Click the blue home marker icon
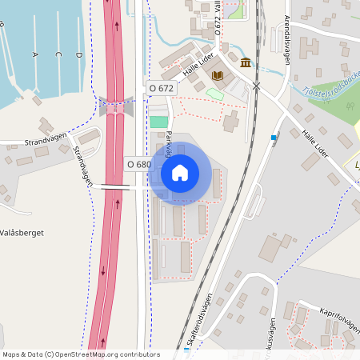point(180,172)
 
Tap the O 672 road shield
point(162,87)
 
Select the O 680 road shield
point(138,164)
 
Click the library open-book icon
point(218,75)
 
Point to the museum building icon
point(244,62)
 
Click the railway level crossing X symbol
point(257,85)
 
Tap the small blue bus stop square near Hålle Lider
point(274,138)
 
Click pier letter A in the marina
point(34,54)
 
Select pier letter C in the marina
point(58,54)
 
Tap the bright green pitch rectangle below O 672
point(159,122)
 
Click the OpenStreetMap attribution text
point(80,354)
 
